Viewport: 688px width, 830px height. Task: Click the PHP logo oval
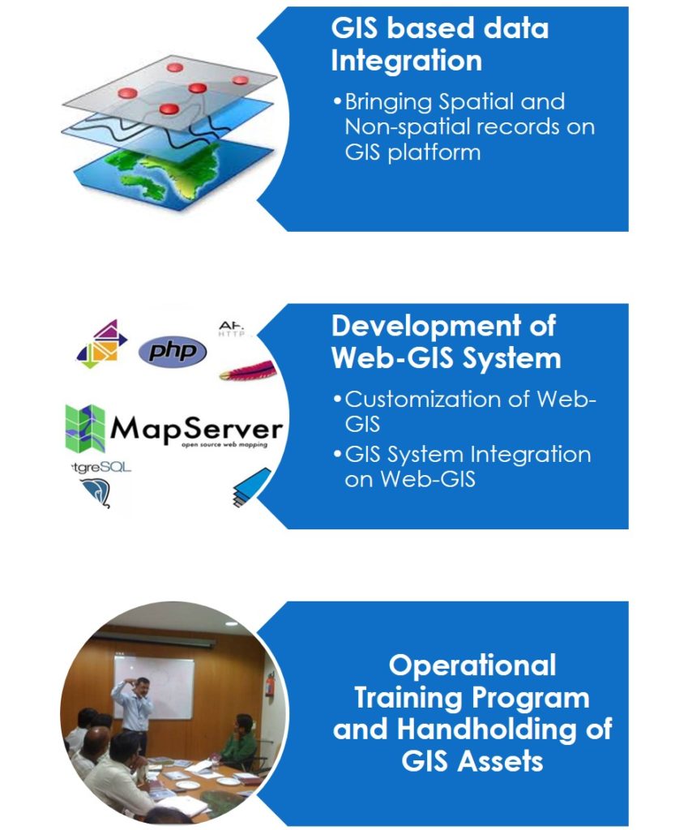click(173, 352)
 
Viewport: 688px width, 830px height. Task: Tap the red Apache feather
click(248, 372)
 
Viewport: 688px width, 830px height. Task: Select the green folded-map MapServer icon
click(85, 428)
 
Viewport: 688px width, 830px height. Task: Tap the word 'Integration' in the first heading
click(406, 60)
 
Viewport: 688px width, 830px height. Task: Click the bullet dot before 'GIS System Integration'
click(337, 455)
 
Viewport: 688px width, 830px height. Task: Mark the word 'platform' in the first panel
click(429, 152)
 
